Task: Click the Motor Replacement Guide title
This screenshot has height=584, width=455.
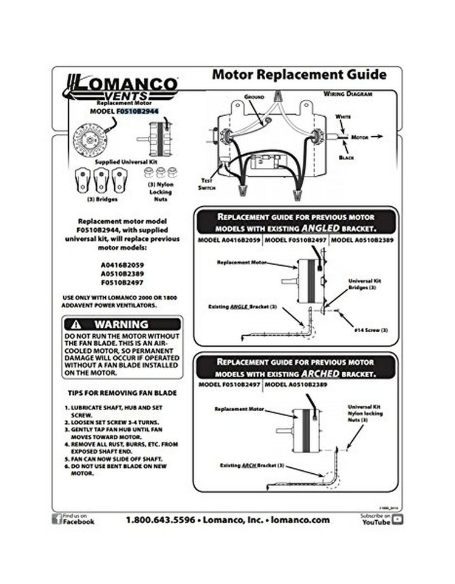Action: (x=299, y=75)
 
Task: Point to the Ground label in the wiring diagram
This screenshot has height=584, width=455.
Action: (x=254, y=97)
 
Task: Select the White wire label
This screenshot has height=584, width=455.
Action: (x=343, y=116)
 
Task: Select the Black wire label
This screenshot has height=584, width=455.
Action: (x=346, y=158)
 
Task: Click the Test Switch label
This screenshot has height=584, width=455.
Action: (x=206, y=184)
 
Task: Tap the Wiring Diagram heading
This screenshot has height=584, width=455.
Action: (x=347, y=95)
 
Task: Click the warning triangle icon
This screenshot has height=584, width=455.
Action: (x=76, y=325)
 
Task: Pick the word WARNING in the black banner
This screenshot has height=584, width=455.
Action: (x=121, y=325)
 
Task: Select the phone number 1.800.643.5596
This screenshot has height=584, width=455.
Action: (x=161, y=520)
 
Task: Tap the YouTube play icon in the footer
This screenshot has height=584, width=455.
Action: (x=398, y=519)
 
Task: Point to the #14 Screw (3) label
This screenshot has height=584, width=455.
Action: (x=370, y=329)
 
